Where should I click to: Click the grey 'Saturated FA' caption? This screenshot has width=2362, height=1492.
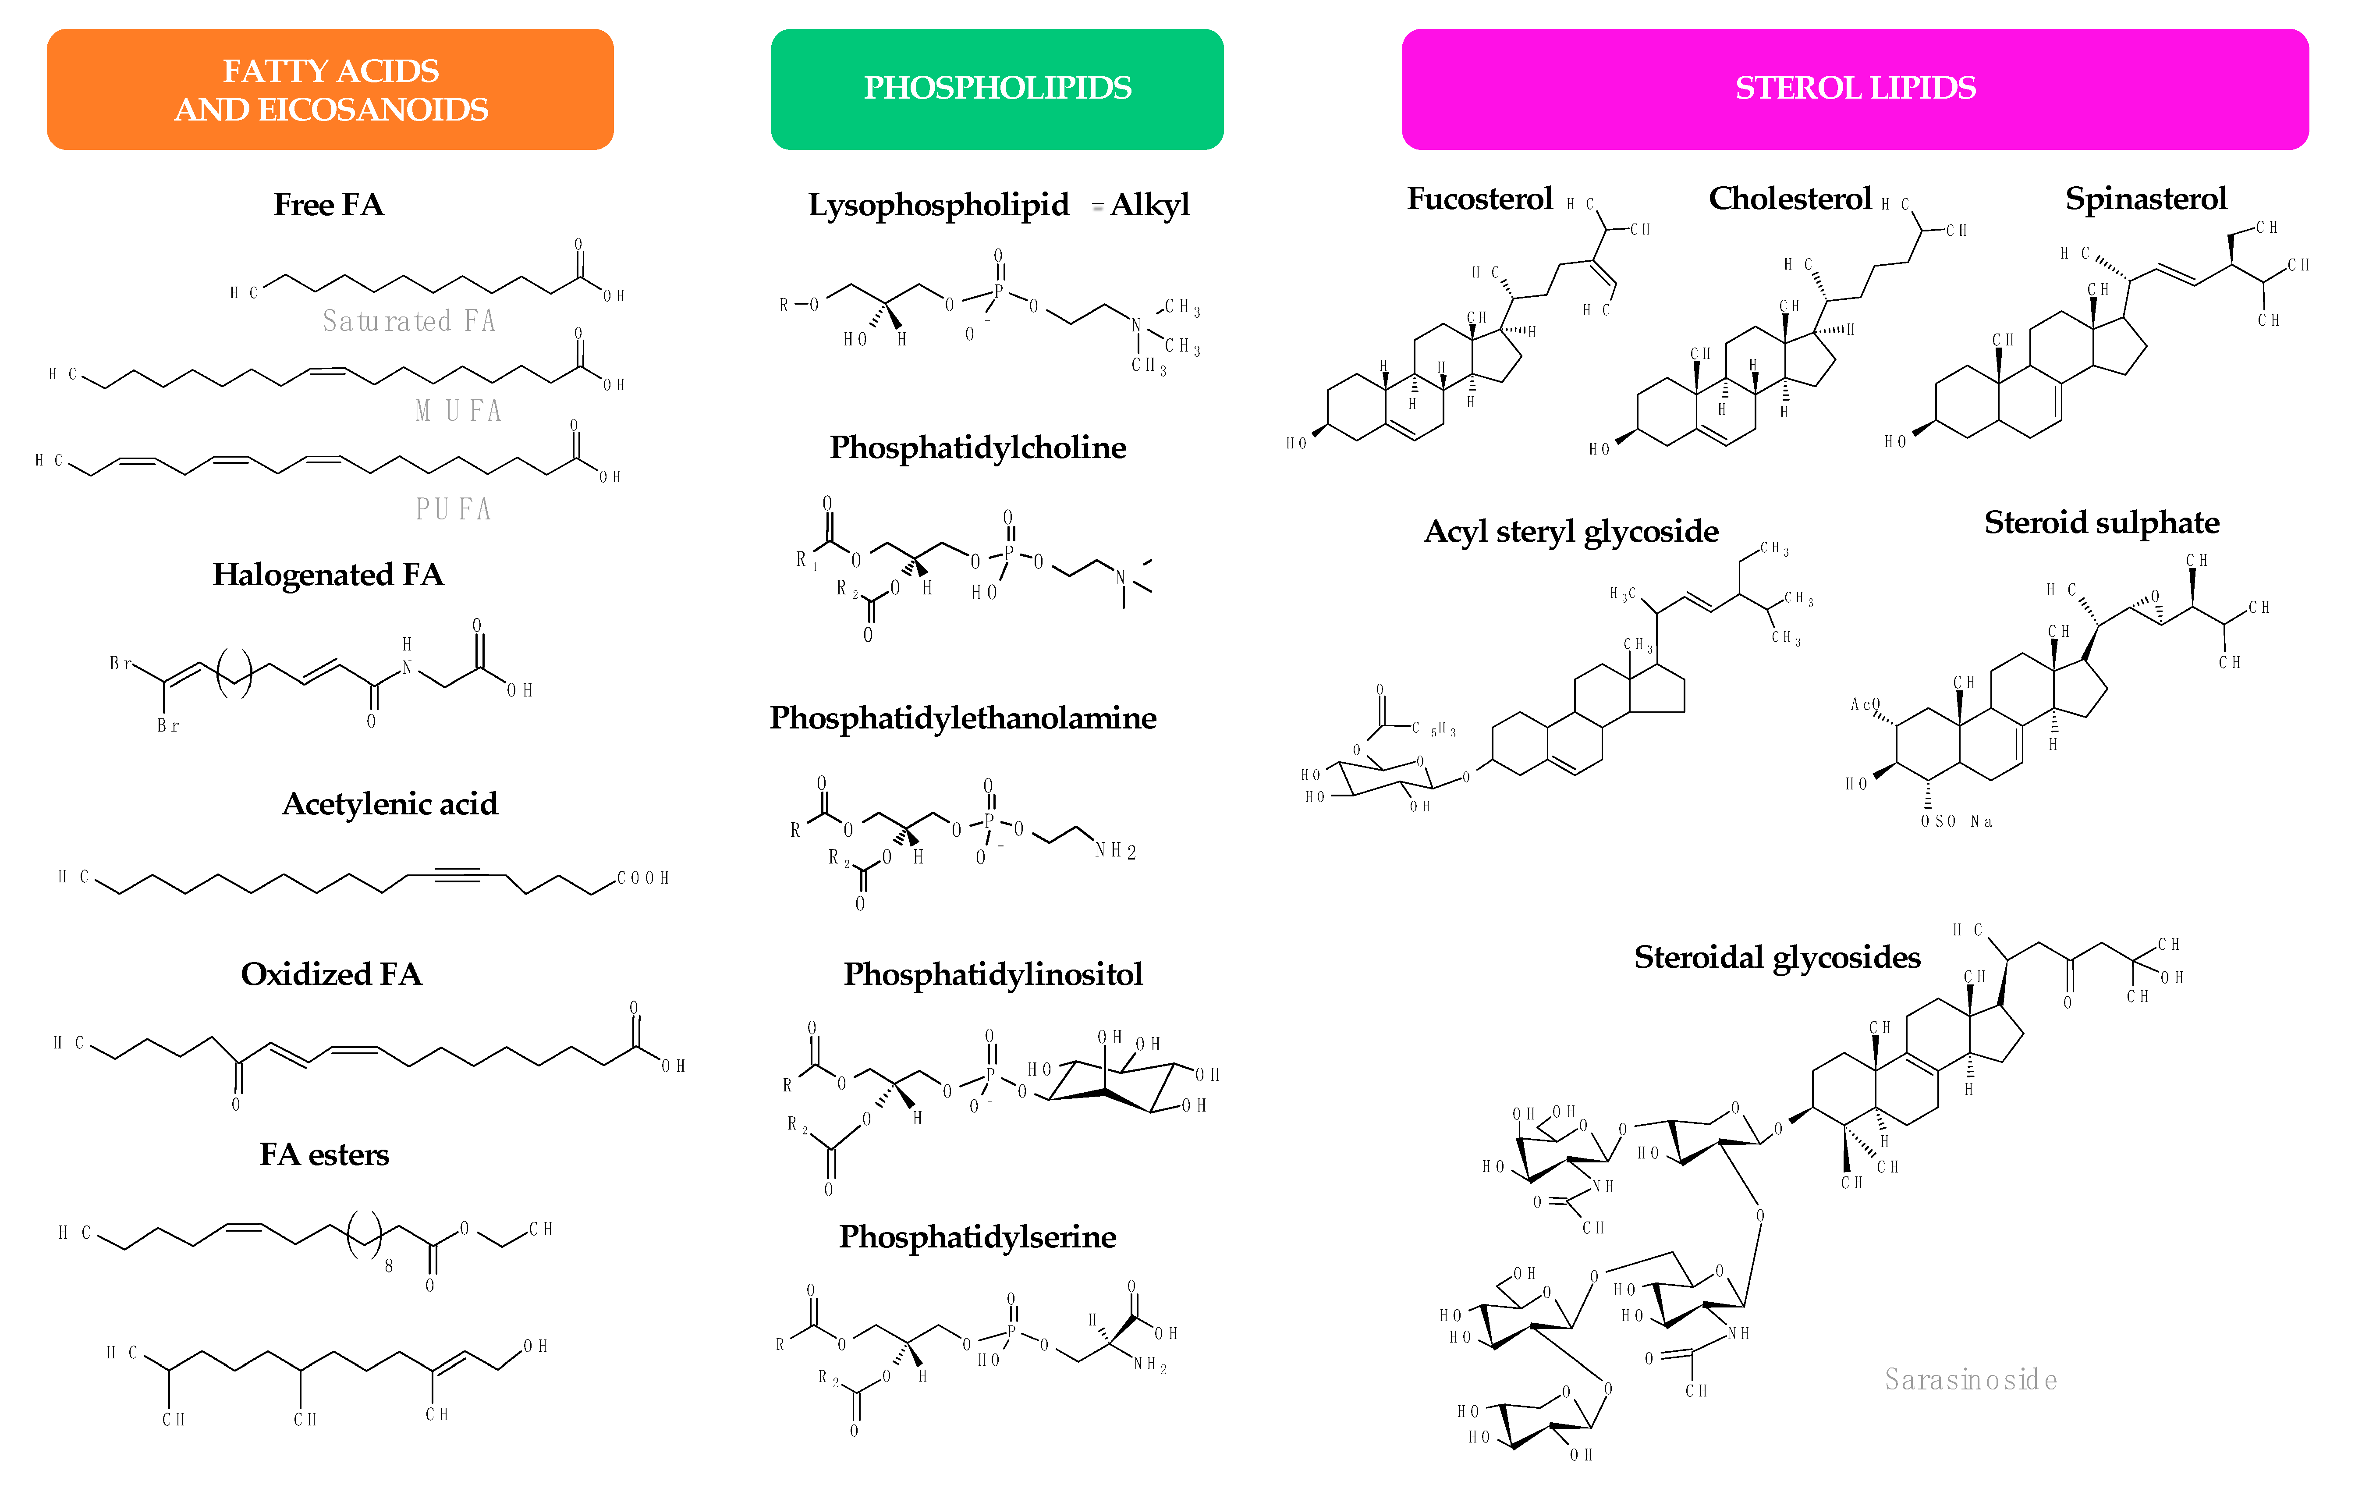(x=409, y=321)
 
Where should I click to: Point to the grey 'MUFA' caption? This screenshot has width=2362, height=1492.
(x=458, y=410)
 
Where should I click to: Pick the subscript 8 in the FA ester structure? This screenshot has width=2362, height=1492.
(x=388, y=1265)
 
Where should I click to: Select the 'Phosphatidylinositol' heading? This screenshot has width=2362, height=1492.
(x=993, y=974)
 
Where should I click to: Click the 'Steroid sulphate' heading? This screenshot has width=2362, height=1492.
(x=2101, y=523)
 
